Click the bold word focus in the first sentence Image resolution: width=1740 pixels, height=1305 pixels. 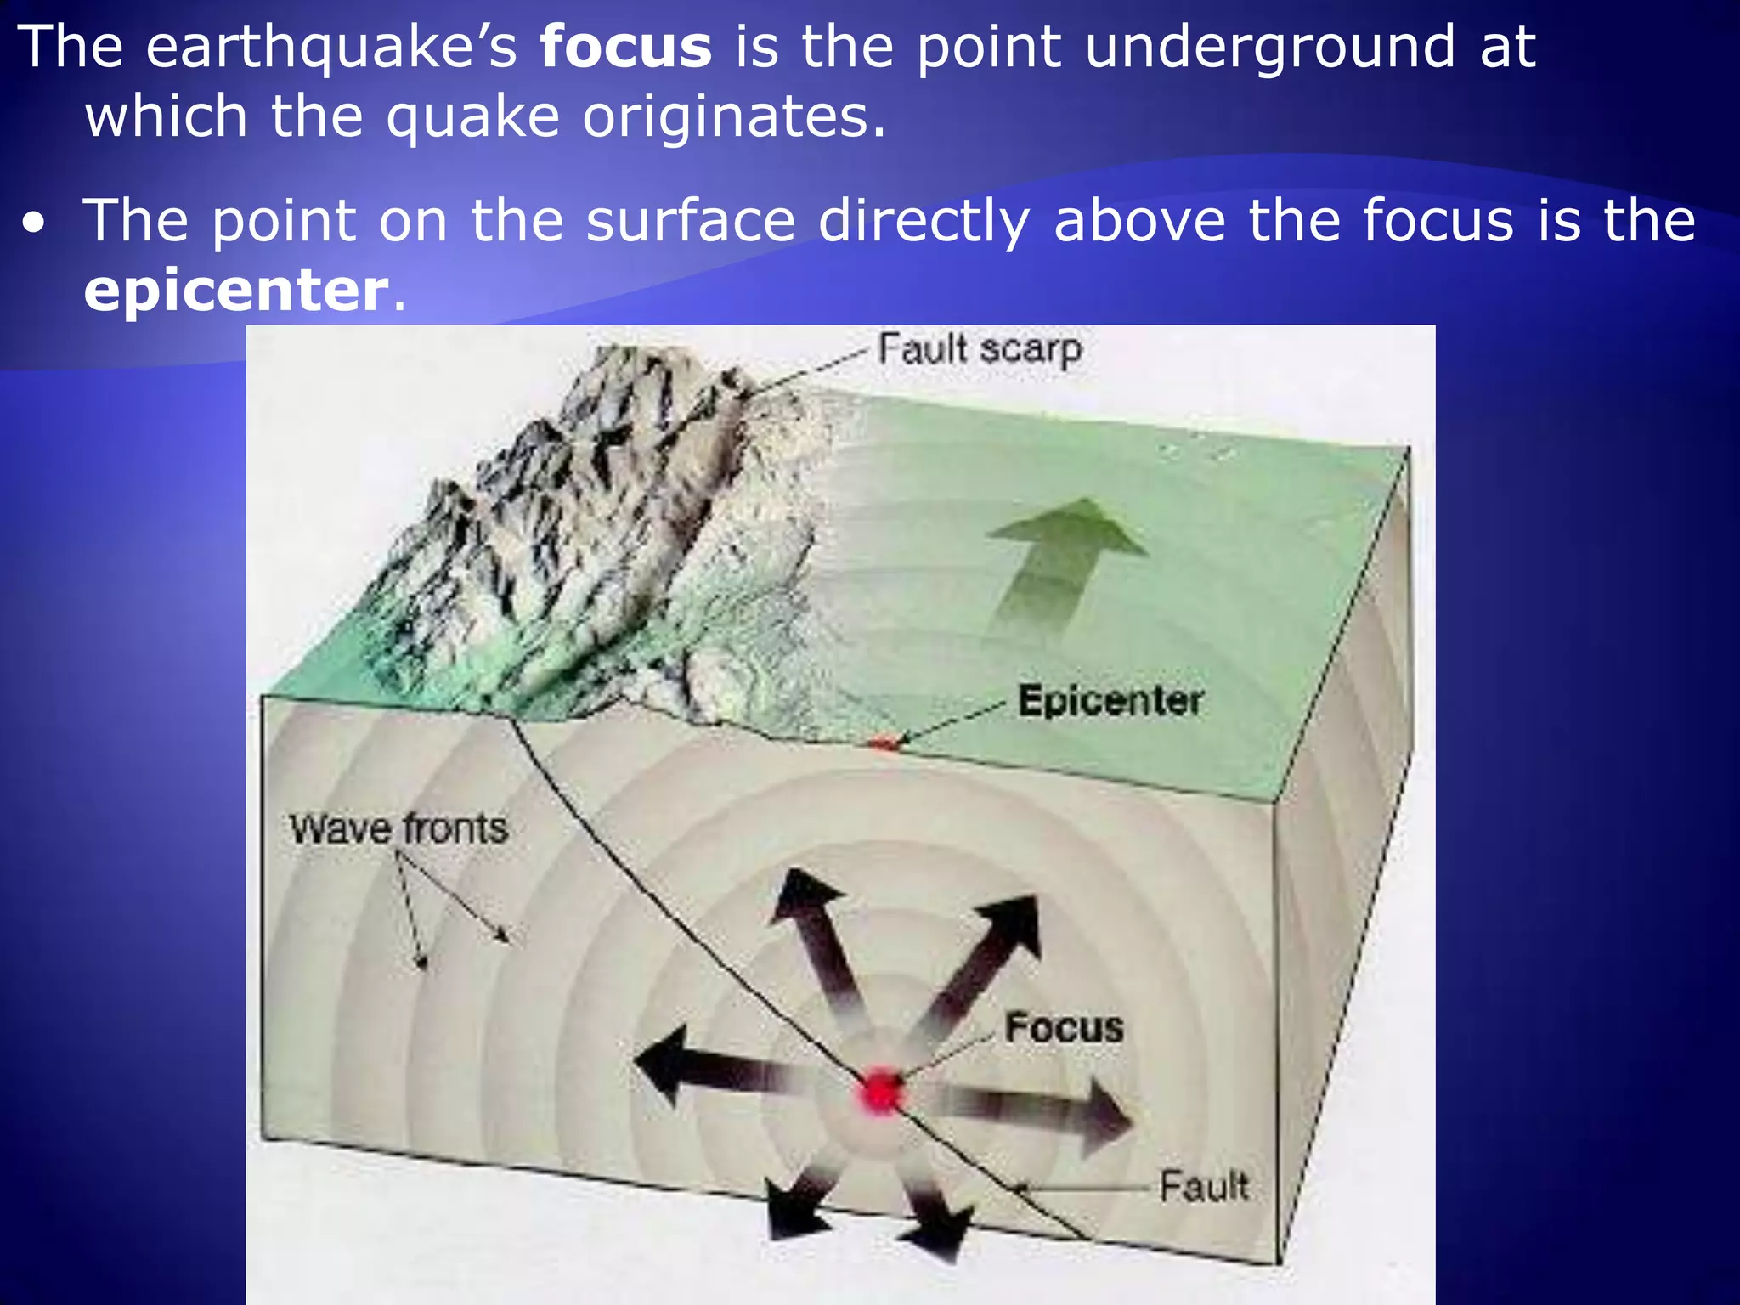pos(625,48)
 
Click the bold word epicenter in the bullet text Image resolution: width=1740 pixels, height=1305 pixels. pos(236,291)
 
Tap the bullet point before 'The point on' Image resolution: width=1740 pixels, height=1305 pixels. pos(34,224)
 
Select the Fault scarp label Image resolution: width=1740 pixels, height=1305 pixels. pos(979,349)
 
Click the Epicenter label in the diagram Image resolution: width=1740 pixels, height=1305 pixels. pos(1110,701)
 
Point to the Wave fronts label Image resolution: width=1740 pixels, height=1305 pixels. pos(398,829)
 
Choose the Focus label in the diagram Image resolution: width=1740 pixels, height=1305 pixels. pos(1064,1027)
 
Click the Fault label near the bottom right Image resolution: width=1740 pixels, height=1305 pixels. pos(1203,1186)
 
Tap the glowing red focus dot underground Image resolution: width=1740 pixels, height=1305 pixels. pos(881,1092)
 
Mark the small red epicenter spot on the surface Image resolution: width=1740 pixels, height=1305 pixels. pos(884,744)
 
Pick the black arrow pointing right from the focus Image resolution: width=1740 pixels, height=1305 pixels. pos(1054,1113)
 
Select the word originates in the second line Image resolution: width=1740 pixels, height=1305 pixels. pos(734,117)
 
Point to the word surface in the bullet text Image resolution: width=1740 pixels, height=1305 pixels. pos(690,221)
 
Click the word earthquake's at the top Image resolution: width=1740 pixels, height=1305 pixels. pos(331,48)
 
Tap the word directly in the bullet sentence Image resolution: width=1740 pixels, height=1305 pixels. pos(924,221)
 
